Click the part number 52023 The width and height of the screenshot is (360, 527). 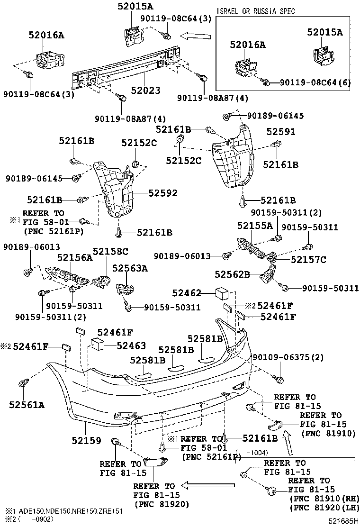tap(146, 90)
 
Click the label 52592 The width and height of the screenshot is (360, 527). tap(162, 193)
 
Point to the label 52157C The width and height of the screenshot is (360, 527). tap(308, 259)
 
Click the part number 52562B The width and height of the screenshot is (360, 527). tap(232, 274)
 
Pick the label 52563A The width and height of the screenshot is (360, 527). tap(130, 268)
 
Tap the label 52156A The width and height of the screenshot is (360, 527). tap(75, 257)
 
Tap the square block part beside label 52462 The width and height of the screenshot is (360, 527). tap(222, 293)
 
